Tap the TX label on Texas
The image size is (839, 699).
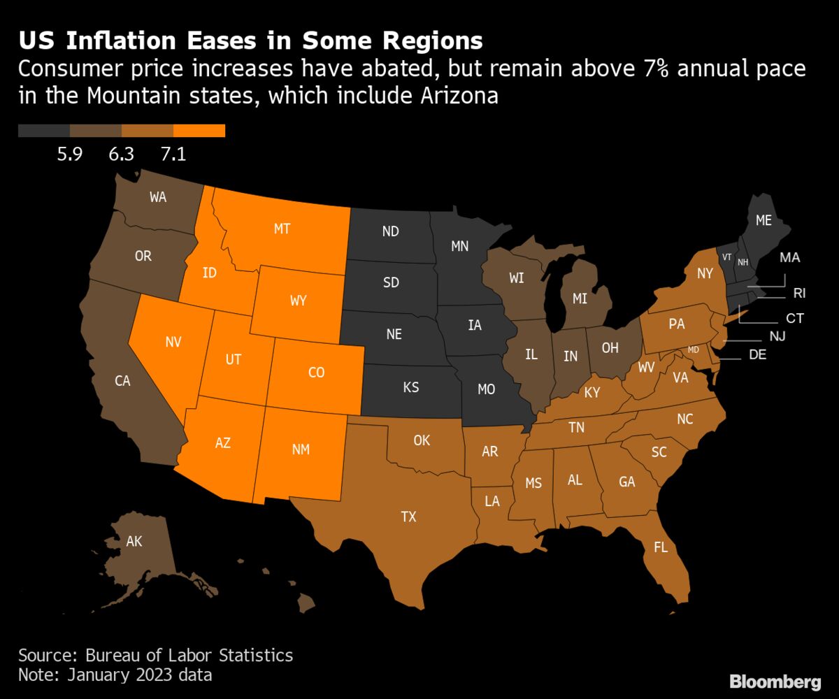point(408,517)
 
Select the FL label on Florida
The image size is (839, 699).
point(660,547)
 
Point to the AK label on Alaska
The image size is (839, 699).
point(134,541)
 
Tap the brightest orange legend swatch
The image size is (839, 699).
point(199,131)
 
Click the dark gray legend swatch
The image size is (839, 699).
point(44,131)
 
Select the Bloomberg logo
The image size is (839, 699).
point(775,682)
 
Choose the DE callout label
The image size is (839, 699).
point(757,354)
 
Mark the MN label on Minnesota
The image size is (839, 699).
point(459,246)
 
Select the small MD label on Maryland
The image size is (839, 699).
point(694,349)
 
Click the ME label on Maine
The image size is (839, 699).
point(763,220)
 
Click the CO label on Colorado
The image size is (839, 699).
point(316,373)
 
